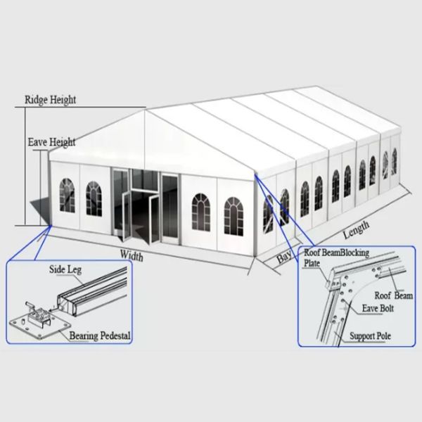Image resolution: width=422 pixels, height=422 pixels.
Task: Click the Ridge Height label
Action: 51,100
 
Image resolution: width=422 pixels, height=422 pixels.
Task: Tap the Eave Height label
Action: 51,142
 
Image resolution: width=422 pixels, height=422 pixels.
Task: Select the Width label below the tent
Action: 132,255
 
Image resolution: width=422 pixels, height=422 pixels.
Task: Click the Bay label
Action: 284,257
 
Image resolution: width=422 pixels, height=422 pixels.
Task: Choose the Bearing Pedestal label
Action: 101,335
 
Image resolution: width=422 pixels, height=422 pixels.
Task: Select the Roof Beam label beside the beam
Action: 393,297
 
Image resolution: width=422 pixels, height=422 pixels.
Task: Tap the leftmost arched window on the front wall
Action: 66,195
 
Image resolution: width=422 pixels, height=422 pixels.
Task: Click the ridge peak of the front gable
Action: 146,110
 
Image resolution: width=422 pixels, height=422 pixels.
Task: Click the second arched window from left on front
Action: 94,198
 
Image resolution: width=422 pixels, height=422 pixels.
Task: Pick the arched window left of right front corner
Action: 200,210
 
